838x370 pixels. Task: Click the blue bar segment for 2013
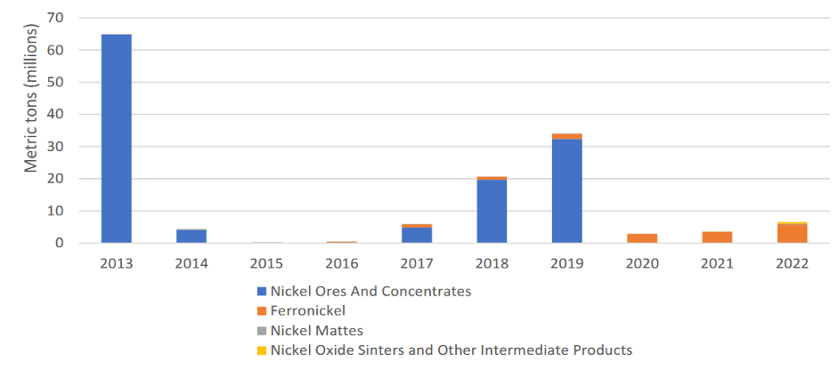coord(117,139)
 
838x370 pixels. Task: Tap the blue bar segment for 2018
coord(492,211)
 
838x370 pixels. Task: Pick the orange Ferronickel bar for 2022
coord(792,233)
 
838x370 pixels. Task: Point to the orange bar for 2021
coord(717,237)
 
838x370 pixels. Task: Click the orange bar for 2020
coord(642,238)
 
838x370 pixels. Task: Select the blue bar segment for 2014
coord(191,236)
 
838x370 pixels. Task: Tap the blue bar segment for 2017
coord(417,235)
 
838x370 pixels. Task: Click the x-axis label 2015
coord(266,264)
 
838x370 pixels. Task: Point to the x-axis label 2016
coord(341,264)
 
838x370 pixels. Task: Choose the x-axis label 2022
coord(792,264)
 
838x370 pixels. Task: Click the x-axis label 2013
coord(117,264)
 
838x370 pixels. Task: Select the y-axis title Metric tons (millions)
coord(31,98)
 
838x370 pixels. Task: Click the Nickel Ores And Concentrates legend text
coord(370,291)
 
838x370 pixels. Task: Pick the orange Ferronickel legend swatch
coord(261,311)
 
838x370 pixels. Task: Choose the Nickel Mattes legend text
coord(317,331)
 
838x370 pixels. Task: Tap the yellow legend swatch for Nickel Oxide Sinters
coord(261,350)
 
